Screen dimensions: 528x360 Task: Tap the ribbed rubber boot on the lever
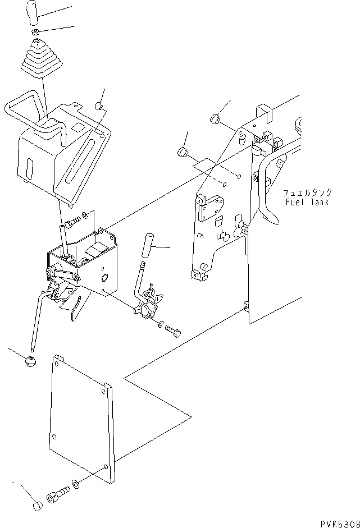click(x=39, y=59)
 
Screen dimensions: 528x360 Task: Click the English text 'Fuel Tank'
click(x=306, y=202)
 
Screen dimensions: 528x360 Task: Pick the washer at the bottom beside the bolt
click(x=76, y=483)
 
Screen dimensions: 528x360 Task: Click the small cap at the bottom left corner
click(x=37, y=507)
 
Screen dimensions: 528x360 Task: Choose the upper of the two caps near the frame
click(x=214, y=118)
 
